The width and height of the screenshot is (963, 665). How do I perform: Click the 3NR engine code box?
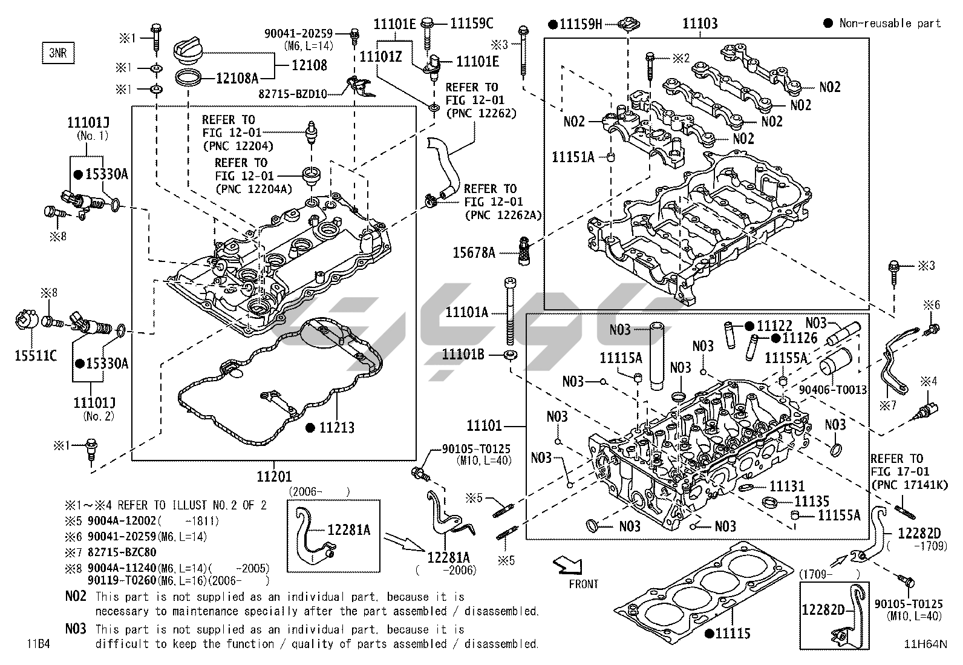[x=57, y=53]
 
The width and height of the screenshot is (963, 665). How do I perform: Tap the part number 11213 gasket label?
[x=337, y=428]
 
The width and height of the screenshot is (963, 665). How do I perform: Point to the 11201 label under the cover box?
[x=274, y=477]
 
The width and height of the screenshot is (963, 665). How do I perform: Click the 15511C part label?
[x=36, y=355]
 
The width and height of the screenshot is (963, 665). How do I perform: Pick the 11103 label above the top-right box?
[x=700, y=24]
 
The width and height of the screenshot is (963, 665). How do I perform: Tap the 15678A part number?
[x=474, y=252]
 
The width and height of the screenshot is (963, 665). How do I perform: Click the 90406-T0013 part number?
[x=833, y=390]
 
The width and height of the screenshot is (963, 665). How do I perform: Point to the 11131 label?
[x=787, y=486]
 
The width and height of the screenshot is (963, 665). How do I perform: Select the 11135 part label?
[x=811, y=501]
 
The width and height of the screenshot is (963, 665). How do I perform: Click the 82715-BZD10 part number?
[x=293, y=94]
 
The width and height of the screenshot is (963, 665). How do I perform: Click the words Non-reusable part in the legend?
[x=890, y=23]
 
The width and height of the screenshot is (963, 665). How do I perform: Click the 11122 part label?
[x=774, y=326]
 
